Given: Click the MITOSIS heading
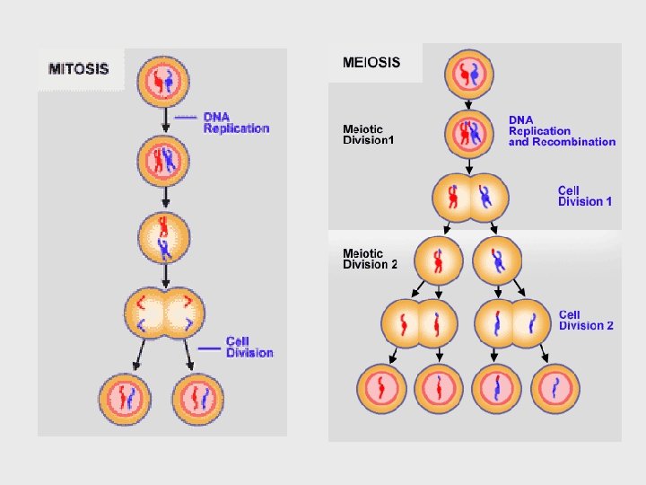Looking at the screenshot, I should (x=79, y=68).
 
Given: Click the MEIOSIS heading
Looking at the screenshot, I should (x=371, y=64).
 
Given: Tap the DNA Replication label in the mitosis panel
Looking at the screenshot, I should (x=236, y=123).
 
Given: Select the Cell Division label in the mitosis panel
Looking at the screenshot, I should (x=249, y=347).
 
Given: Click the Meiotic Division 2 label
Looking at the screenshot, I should (x=370, y=259).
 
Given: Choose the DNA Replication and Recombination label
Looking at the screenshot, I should (x=562, y=130).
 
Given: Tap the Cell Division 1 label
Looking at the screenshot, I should (x=585, y=196).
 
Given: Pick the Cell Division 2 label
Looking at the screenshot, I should (x=586, y=320).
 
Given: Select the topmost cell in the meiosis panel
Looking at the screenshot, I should (x=471, y=75).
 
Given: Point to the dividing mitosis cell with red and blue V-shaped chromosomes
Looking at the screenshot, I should (x=164, y=311).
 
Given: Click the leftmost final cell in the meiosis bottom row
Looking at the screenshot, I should (x=382, y=388).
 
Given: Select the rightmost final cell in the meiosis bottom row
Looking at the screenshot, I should (x=557, y=388).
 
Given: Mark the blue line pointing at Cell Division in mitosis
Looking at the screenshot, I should (x=209, y=347).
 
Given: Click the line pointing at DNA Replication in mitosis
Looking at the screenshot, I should (x=184, y=117).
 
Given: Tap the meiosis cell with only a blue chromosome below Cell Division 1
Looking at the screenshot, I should (x=498, y=260).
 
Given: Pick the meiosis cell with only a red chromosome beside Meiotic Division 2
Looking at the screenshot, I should (x=438, y=260).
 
